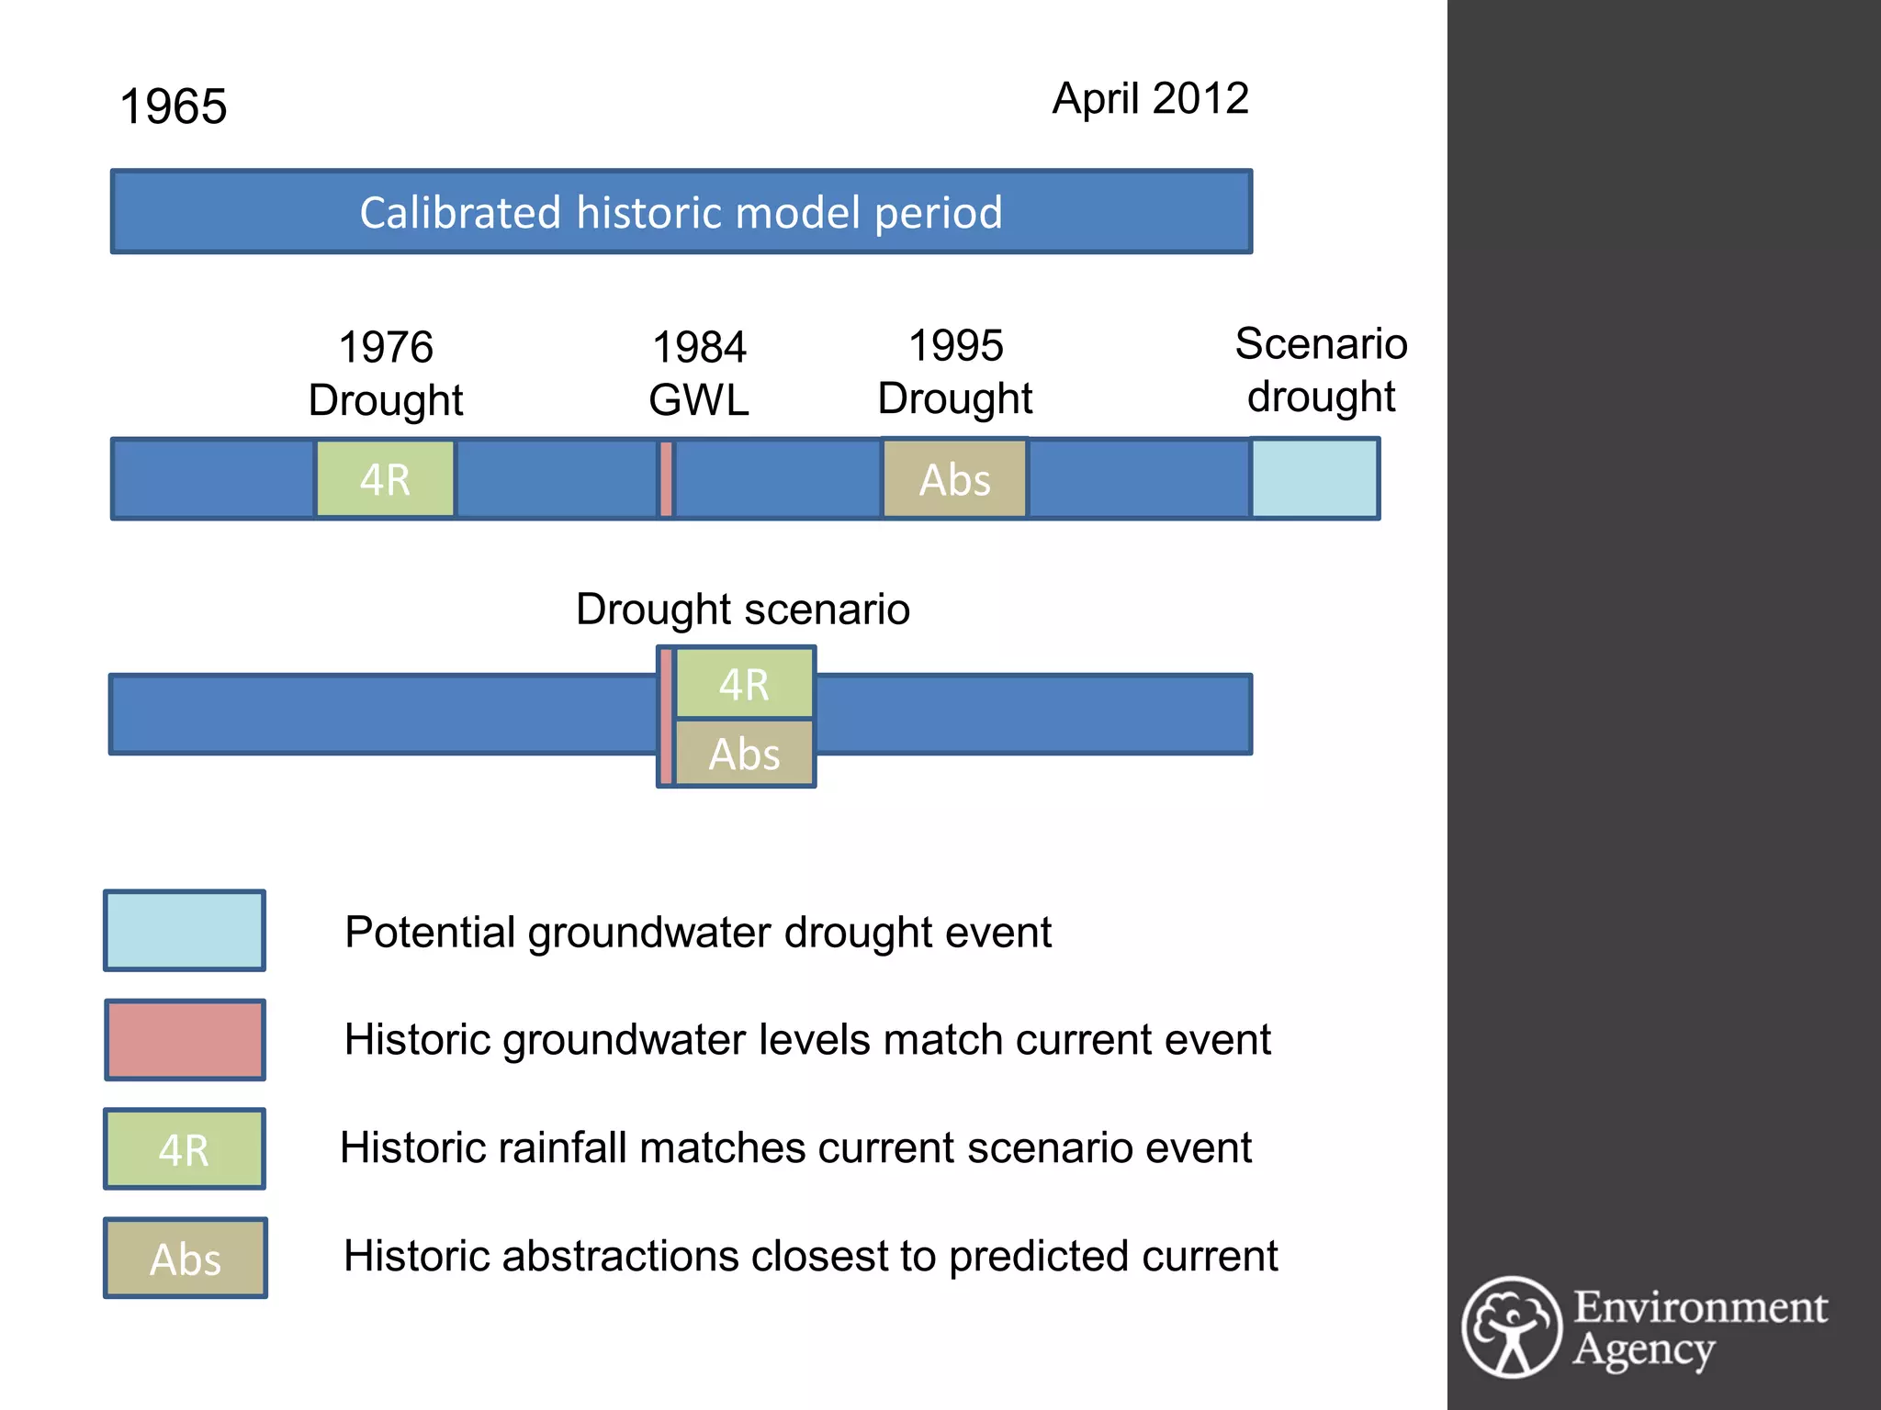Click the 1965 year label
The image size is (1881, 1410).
click(x=173, y=106)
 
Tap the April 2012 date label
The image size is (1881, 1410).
click(x=1150, y=98)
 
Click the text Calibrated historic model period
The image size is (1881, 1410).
click(x=681, y=212)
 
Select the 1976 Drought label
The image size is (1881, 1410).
click(x=386, y=374)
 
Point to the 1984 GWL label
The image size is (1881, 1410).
click(x=699, y=374)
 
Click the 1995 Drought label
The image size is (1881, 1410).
click(x=955, y=372)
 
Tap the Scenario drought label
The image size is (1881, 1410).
click(x=1321, y=370)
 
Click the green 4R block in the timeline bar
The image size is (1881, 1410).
click(x=385, y=479)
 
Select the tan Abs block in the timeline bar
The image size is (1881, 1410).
click(x=954, y=479)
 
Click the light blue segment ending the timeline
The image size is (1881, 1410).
click(x=1314, y=478)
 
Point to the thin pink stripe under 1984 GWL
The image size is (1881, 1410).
click(x=666, y=478)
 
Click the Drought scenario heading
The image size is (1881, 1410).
click(x=742, y=609)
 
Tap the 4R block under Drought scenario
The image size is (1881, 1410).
click(x=744, y=684)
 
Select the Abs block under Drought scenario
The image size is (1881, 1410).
click(x=744, y=754)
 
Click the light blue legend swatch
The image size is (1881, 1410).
click(x=185, y=930)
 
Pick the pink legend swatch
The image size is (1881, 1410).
click(x=185, y=1039)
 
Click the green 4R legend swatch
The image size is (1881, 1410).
click(x=185, y=1148)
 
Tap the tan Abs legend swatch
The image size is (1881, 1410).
click(x=185, y=1258)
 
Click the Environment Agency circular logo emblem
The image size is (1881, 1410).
click(x=1511, y=1327)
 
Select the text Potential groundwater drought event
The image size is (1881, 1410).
click(x=697, y=932)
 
